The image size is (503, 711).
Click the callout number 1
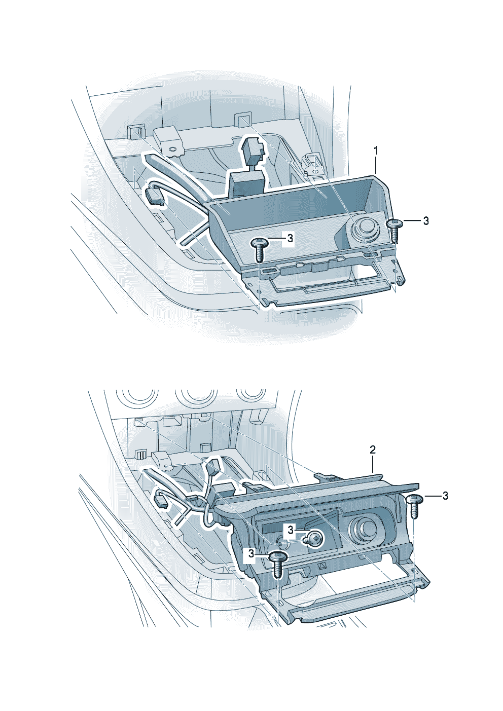pyautogui.click(x=376, y=151)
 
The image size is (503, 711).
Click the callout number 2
pyautogui.click(x=373, y=450)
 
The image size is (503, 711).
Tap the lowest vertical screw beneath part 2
pyautogui.click(x=278, y=564)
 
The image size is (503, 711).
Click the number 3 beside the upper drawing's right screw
pyautogui.click(x=426, y=221)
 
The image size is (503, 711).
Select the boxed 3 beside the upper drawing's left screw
pyautogui.click(x=290, y=239)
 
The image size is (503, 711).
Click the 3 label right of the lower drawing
pyautogui.click(x=445, y=496)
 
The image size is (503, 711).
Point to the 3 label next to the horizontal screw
pyautogui.click(x=291, y=530)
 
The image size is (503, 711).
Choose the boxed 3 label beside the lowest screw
pyautogui.click(x=252, y=554)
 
